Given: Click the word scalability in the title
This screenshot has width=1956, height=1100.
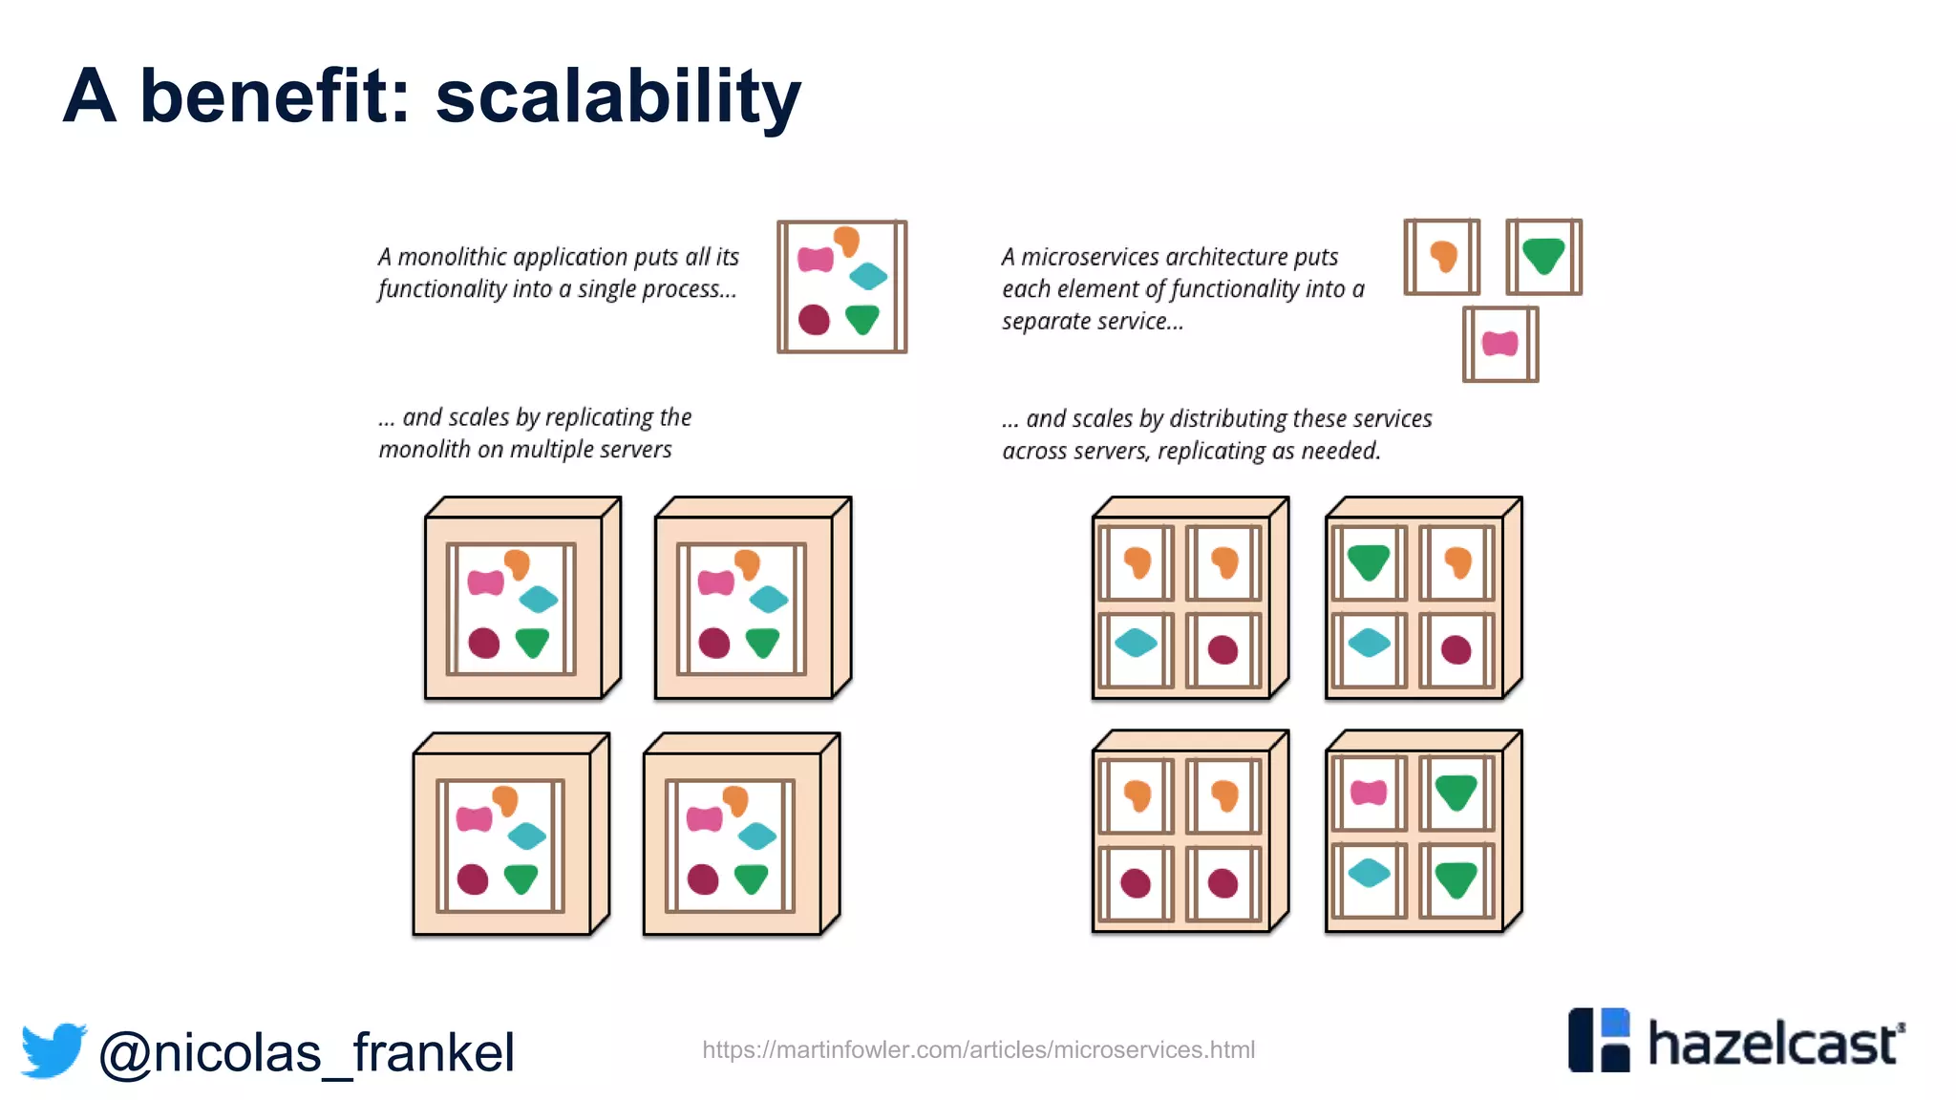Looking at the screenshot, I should (x=618, y=97).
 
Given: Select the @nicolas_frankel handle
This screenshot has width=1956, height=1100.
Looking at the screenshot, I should (x=307, y=1052).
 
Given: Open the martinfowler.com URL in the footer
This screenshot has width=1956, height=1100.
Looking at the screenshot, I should (x=978, y=1049).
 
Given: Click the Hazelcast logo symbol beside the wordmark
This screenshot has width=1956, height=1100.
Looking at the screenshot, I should (x=1599, y=1040).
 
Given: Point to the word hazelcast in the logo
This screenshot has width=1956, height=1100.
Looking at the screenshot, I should (x=1775, y=1044).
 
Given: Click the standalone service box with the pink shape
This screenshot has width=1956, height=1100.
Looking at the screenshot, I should (x=1500, y=345).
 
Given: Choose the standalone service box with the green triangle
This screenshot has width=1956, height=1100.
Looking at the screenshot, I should (x=1543, y=257).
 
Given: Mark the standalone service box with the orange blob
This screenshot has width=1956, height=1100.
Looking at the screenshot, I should (x=1442, y=257).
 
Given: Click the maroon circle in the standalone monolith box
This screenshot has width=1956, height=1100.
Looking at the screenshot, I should (x=814, y=319).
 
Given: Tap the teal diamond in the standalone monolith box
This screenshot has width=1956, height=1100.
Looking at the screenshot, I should (x=868, y=276).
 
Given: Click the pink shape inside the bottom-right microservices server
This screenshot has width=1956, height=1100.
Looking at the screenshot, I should (x=1369, y=792).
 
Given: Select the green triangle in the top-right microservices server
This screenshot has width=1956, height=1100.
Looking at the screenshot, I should (x=1368, y=561).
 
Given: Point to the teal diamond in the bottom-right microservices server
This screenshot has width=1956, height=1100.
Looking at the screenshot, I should (x=1369, y=873).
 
